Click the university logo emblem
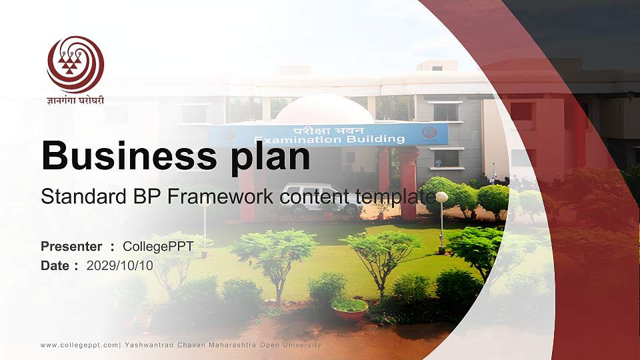click(75, 64)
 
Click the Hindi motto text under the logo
click(75, 101)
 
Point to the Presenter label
click(71, 247)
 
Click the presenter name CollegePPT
click(158, 247)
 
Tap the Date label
click(55, 265)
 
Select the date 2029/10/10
click(120, 265)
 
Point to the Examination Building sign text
click(329, 139)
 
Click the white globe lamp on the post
click(441, 197)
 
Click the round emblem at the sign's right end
click(429, 133)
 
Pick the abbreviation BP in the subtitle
click(144, 197)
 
